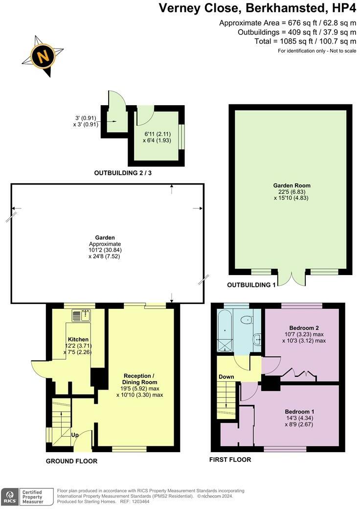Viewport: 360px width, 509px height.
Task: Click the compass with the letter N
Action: pyautogui.click(x=43, y=56)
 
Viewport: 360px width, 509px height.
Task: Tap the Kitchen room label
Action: pyautogui.click(x=78, y=339)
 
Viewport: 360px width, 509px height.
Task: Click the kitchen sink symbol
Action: pyautogui.click(x=82, y=316)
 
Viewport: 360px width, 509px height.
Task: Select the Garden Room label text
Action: pyautogui.click(x=292, y=185)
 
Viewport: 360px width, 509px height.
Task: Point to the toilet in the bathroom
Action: pyautogui.click(x=246, y=321)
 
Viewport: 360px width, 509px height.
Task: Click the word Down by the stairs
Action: pyautogui.click(x=226, y=377)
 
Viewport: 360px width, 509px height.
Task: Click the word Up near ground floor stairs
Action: pyautogui.click(x=75, y=435)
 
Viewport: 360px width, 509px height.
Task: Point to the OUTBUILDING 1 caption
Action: pyautogui.click(x=251, y=284)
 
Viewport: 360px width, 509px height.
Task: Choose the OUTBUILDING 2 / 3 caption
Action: pyautogui.click(x=126, y=173)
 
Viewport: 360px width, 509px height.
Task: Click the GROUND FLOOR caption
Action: pyautogui.click(x=71, y=461)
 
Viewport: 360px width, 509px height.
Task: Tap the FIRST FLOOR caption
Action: pyautogui.click(x=230, y=460)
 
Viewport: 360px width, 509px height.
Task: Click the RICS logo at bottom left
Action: pyautogui.click(x=9, y=496)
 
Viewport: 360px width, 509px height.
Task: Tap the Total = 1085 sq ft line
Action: pyautogui.click(x=305, y=42)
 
